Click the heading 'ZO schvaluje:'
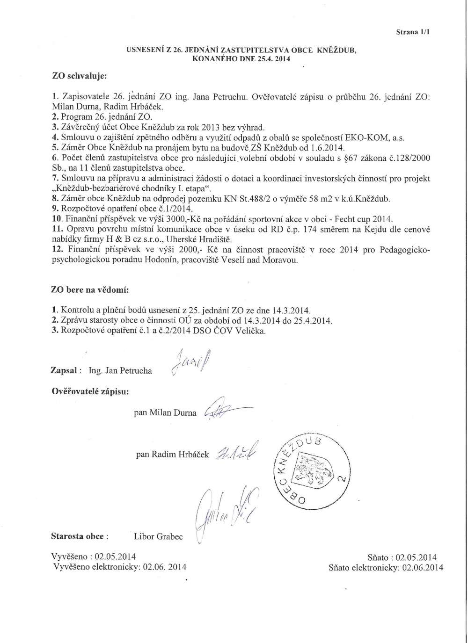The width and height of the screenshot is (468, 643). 79,75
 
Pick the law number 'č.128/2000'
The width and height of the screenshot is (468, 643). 410,158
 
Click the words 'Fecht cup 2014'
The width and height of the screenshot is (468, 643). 368,219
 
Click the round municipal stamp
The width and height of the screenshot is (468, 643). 313,473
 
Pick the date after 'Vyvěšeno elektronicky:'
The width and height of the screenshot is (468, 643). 163,567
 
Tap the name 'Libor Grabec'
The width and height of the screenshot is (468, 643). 158,536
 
